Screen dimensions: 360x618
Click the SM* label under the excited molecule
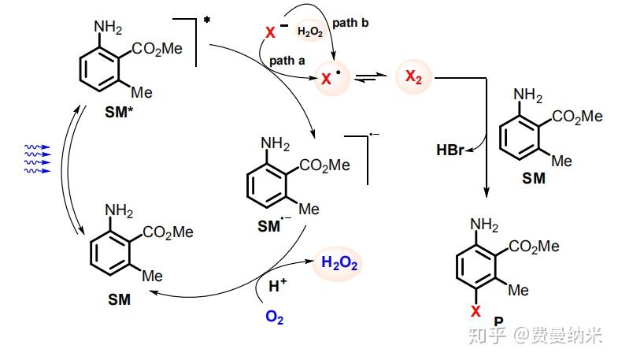coord(120,112)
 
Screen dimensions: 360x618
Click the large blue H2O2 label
coord(339,265)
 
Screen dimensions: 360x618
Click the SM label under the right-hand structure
coord(534,179)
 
